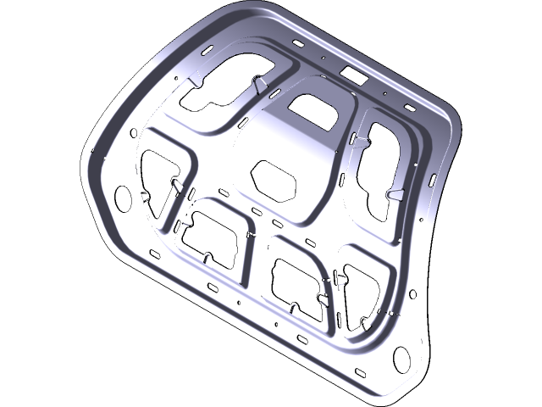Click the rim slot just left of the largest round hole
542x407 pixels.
tap(359, 371)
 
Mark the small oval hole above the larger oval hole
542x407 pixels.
tap(132, 132)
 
